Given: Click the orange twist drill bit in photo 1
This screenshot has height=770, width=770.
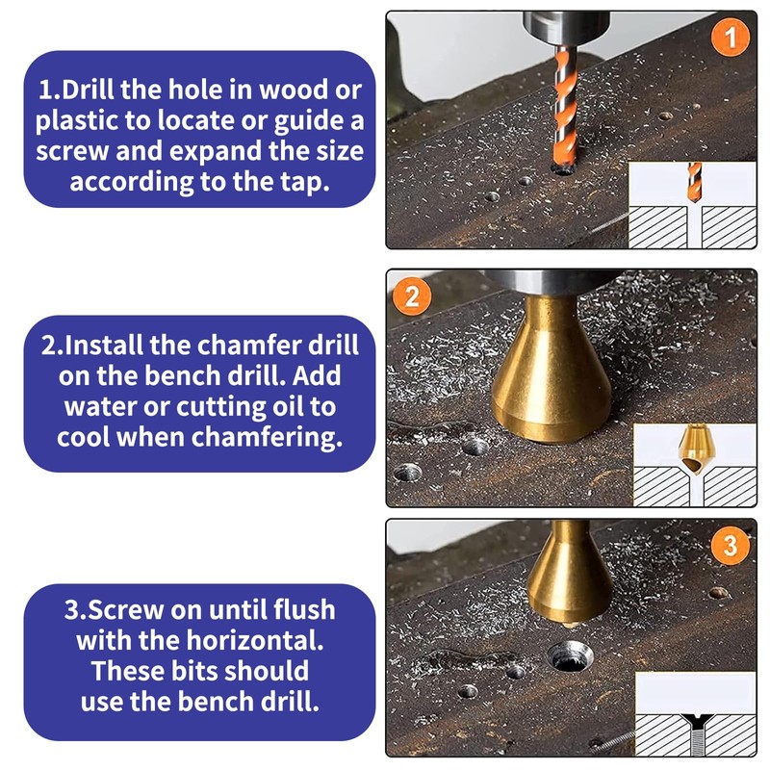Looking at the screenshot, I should [562, 106].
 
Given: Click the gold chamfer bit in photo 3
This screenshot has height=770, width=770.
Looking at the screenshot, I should [571, 577].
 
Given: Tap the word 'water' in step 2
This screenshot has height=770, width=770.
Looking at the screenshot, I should [96, 406].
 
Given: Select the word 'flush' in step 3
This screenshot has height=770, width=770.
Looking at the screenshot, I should [295, 608].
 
